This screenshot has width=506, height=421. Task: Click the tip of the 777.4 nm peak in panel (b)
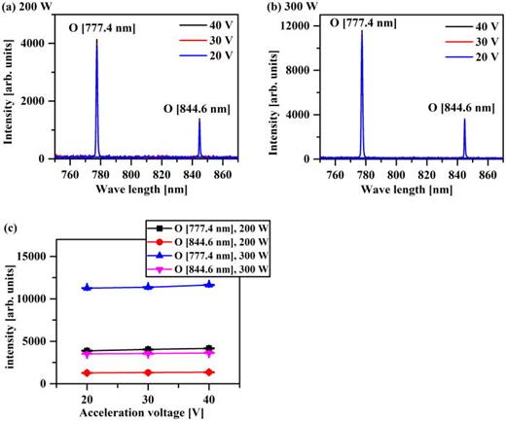(x=362, y=31)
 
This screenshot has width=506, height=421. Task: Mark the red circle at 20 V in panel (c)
(x=88, y=372)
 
